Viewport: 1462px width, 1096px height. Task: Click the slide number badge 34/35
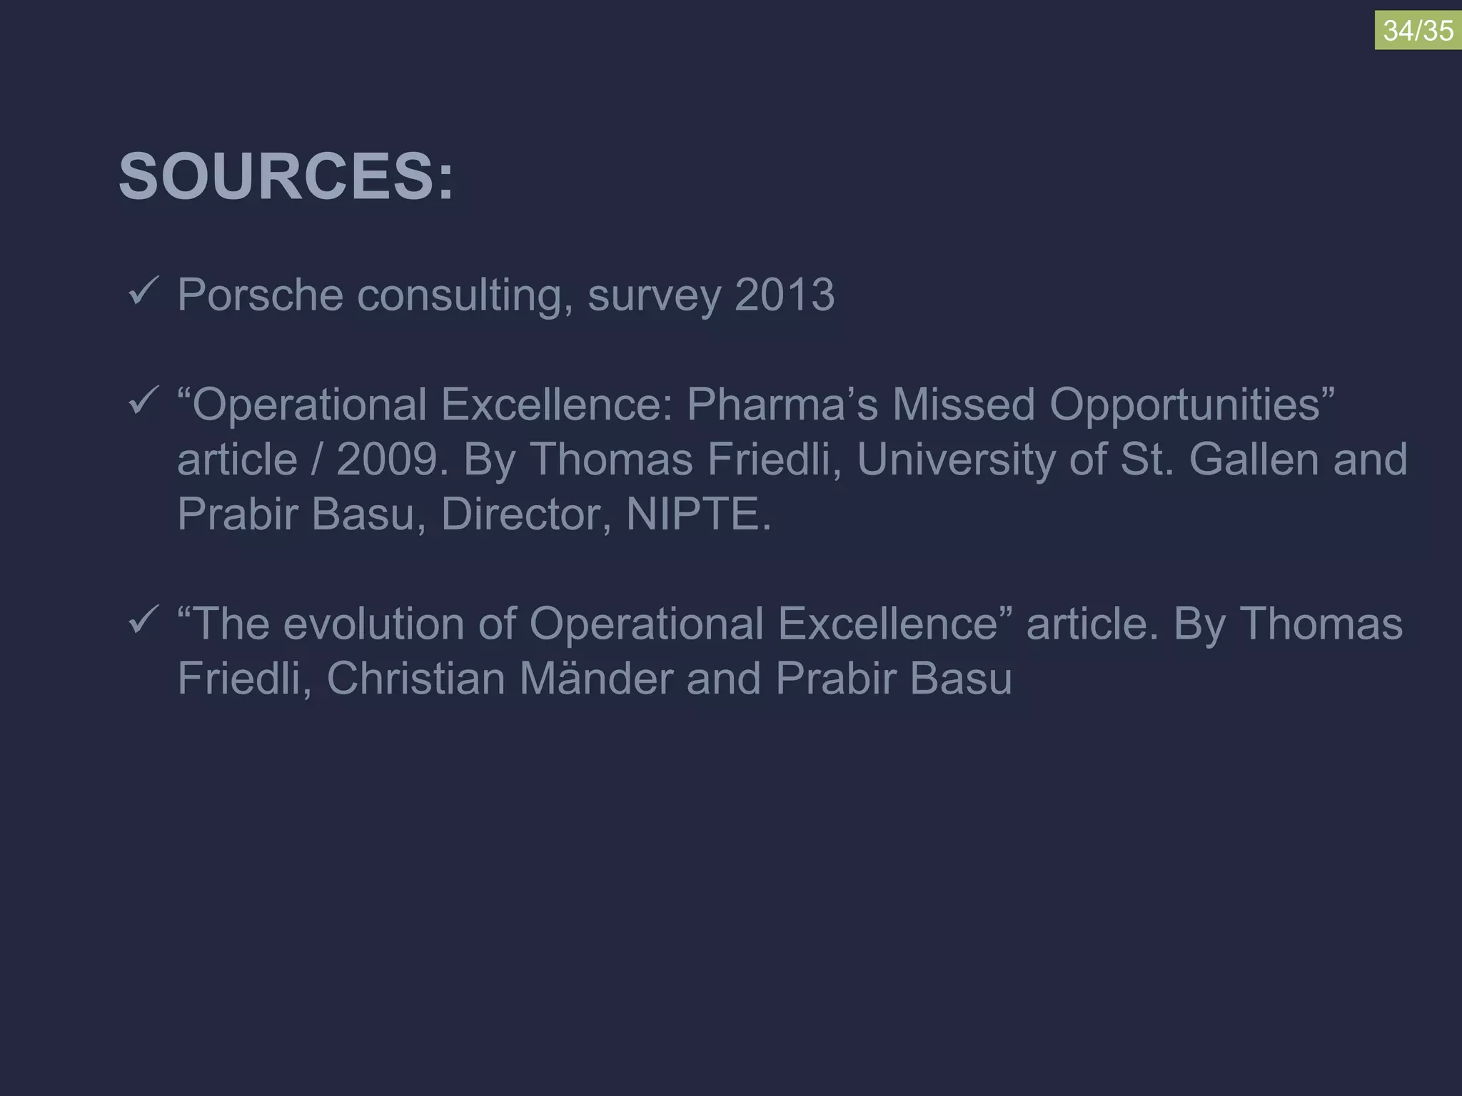[x=1418, y=31]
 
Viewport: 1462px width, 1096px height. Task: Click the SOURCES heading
[x=286, y=177]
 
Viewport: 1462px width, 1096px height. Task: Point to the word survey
[x=654, y=295]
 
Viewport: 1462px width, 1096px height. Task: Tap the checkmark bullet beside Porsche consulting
[x=141, y=293]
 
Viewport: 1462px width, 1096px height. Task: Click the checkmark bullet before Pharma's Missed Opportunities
[x=141, y=402]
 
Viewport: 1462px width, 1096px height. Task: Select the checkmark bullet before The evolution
[x=141, y=621]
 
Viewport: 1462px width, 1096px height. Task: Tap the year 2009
[x=386, y=460]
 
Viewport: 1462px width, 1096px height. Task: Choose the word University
[x=956, y=460]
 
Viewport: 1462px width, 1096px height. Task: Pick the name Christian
[x=415, y=679]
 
